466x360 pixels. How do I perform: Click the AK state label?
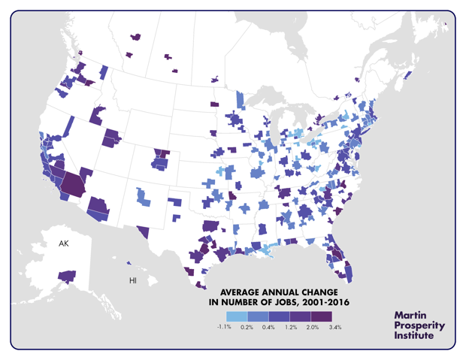64,244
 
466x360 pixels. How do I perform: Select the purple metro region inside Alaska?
67,277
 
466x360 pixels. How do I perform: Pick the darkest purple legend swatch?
321,316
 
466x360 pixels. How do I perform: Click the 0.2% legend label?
247,328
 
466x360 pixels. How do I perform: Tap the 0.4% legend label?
268,328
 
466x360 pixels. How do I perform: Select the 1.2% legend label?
289,328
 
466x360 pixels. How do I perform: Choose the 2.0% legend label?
310,328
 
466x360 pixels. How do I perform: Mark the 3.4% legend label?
335,328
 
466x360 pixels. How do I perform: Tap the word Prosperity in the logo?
419,325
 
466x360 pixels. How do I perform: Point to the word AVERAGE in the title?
239,292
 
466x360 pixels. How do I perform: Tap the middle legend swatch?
279,316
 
